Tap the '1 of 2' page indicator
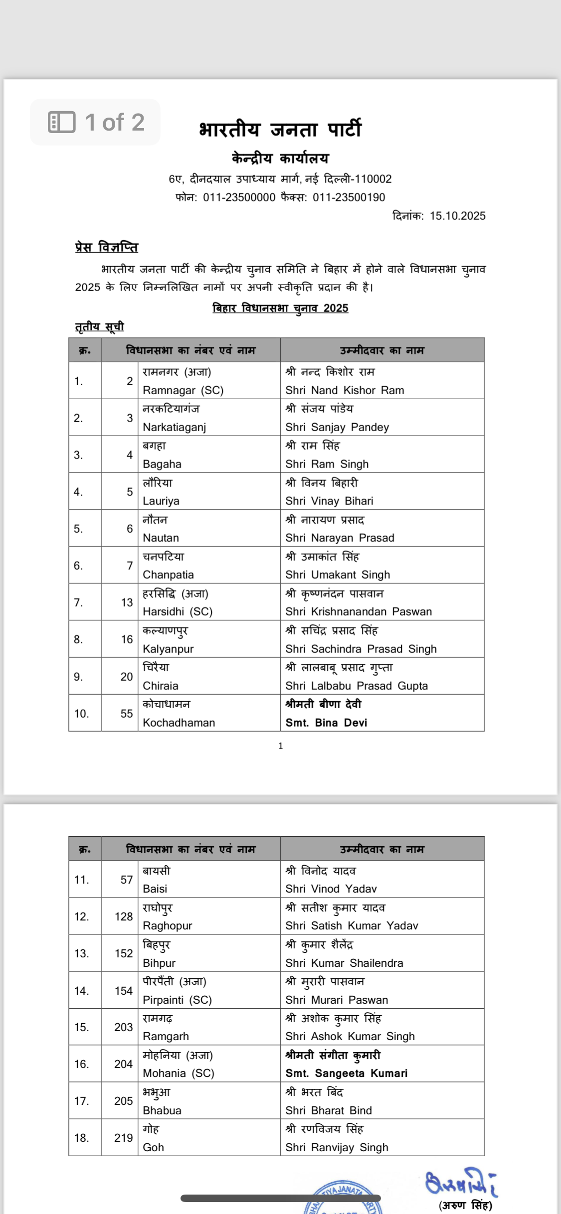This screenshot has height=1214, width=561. pyautogui.click(x=96, y=123)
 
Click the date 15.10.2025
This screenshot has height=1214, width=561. pyautogui.click(x=457, y=216)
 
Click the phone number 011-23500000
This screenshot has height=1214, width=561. pyautogui.click(x=239, y=197)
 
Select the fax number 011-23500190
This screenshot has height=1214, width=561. pyautogui.click(x=349, y=197)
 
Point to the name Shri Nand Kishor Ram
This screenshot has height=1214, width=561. pyautogui.click(x=345, y=390)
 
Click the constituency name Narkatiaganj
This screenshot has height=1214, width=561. pyautogui.click(x=174, y=427)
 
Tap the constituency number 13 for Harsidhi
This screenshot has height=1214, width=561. pyautogui.click(x=127, y=603)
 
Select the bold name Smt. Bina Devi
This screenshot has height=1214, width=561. pyautogui.click(x=326, y=723)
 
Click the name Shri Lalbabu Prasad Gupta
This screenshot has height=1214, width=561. pyautogui.click(x=357, y=686)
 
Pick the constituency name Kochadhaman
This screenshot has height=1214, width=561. pyautogui.click(x=179, y=723)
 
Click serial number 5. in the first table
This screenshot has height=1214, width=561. pyautogui.click(x=78, y=529)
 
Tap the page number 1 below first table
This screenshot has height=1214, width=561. pyautogui.click(x=280, y=746)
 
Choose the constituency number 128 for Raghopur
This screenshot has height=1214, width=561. pyautogui.click(x=124, y=916)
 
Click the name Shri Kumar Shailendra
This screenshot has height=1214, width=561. pyautogui.click(x=344, y=963)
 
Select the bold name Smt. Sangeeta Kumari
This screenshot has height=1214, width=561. pyautogui.click(x=346, y=1073)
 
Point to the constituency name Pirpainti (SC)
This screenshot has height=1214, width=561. pyautogui.click(x=177, y=1000)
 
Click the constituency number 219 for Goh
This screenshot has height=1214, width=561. pyautogui.click(x=124, y=1138)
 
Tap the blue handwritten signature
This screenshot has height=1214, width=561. pyautogui.click(x=460, y=1183)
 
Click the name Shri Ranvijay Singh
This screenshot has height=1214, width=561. pyautogui.click(x=337, y=1147)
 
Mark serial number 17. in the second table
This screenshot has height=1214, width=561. pyautogui.click(x=81, y=1101)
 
